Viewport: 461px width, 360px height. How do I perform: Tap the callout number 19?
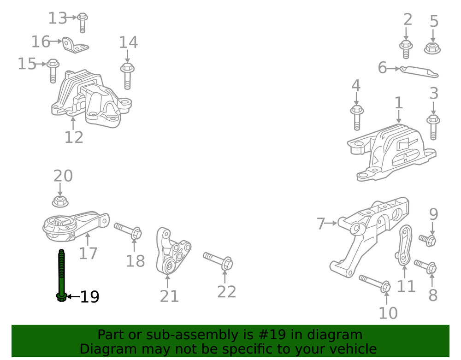(90, 297)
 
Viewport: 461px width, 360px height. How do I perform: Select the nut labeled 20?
(59, 201)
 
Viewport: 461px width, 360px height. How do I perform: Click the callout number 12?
(74, 137)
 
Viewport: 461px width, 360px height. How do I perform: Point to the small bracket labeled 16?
(75, 45)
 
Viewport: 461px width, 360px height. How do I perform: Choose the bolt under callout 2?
(406, 48)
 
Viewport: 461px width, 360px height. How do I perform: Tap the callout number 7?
(321, 224)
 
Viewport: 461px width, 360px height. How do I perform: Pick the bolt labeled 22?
(219, 260)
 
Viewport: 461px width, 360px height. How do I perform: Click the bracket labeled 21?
(173, 251)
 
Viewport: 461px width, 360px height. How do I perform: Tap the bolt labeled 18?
(128, 230)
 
